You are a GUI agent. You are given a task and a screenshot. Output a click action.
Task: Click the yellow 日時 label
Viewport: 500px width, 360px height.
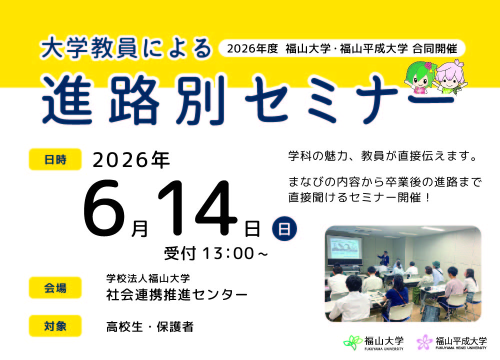click(x=55, y=159)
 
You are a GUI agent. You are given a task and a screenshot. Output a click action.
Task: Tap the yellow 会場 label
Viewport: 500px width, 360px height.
click(x=55, y=287)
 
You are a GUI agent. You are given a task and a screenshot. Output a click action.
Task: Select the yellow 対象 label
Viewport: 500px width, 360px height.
click(x=55, y=326)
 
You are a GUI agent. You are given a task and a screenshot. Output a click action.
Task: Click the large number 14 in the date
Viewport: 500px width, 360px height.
click(x=197, y=208)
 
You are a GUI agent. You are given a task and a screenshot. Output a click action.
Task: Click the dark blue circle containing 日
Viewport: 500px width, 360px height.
click(x=284, y=228)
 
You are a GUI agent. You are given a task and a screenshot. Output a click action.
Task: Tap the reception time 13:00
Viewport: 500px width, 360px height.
click(x=228, y=253)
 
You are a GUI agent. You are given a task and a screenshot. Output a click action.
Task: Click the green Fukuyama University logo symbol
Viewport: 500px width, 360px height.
click(x=352, y=343)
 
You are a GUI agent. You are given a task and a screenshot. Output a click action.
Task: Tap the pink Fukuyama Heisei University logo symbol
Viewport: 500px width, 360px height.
click(x=424, y=342)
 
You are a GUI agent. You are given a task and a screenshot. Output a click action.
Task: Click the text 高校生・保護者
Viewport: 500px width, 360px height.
click(x=150, y=327)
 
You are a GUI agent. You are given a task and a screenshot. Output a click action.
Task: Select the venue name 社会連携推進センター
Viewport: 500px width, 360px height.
click(x=177, y=295)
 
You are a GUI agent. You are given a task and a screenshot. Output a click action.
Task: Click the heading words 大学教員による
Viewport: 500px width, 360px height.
click(x=126, y=48)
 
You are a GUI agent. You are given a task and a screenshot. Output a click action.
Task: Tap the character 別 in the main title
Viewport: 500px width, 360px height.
click(x=200, y=99)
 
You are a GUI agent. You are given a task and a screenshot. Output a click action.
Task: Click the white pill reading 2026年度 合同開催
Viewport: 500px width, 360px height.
click(x=342, y=49)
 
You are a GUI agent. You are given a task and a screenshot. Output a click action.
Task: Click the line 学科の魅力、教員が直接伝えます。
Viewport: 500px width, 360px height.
click(x=384, y=156)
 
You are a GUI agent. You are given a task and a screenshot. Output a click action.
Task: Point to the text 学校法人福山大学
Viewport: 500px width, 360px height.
click(x=148, y=278)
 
